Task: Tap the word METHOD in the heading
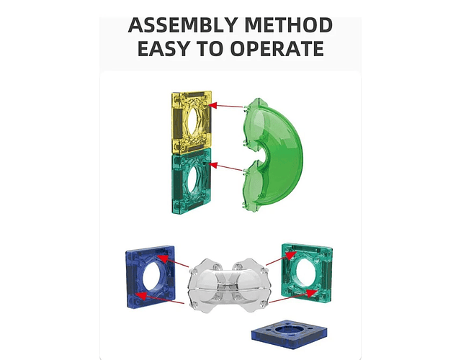click(289, 25)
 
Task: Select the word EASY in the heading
click(164, 48)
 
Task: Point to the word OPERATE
click(277, 48)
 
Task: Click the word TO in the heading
click(210, 48)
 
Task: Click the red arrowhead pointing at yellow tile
click(212, 105)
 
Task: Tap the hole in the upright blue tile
click(152, 276)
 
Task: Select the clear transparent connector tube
click(228, 285)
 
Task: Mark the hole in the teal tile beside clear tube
click(306, 273)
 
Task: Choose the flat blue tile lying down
click(290, 334)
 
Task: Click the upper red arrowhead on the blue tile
click(163, 258)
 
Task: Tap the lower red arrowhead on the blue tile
click(141, 295)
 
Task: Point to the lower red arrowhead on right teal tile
click(312, 293)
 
